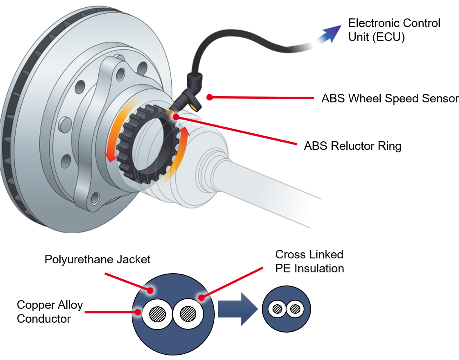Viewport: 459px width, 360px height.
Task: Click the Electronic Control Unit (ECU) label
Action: coord(393,30)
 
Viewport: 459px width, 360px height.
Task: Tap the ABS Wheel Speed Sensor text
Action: coord(389,99)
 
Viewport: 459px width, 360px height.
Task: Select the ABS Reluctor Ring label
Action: coord(352,146)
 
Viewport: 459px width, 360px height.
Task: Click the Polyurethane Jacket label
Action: coord(98,259)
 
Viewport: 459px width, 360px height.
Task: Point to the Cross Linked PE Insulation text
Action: coord(309,261)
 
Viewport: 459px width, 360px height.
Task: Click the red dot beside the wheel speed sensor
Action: coord(209,97)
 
